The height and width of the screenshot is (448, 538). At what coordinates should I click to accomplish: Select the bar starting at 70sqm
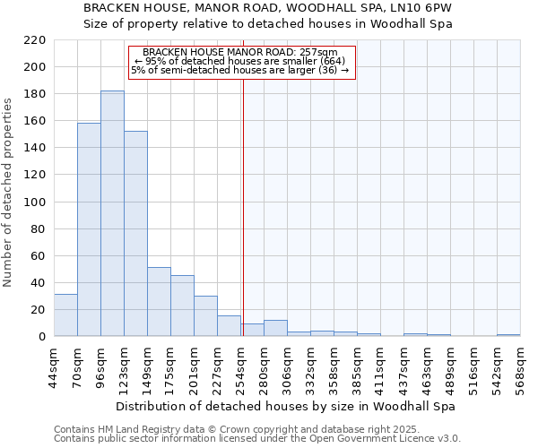89,229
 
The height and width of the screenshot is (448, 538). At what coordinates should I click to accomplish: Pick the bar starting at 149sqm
159,301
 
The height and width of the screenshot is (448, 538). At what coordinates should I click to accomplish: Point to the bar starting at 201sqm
205,315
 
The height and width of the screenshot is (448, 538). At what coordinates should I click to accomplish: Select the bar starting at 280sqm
275,328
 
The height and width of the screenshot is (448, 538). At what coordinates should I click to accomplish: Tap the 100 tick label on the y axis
35,202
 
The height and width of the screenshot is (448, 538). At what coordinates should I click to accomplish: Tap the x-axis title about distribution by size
285,407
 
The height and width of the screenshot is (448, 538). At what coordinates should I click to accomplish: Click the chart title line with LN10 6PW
267,8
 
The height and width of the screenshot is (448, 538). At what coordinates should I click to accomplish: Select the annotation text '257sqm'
321,53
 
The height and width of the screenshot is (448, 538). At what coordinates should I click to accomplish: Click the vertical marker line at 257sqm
243,206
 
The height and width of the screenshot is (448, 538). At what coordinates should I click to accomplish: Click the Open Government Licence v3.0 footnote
256,439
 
